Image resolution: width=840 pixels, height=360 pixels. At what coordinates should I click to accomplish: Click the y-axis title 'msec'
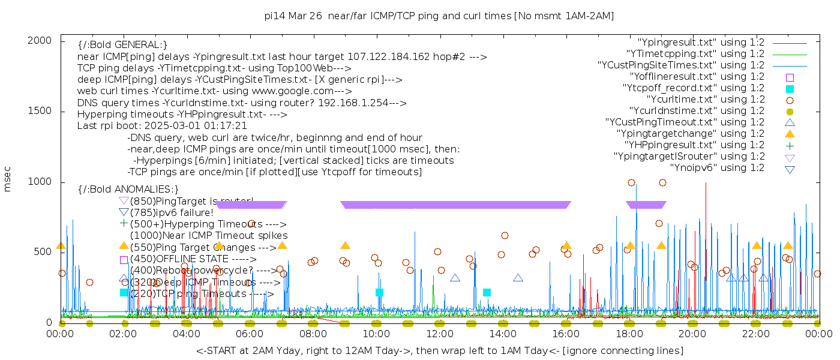pyautogui.click(x=8, y=180)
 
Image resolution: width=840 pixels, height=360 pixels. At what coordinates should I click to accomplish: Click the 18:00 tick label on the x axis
pyautogui.click(x=629, y=334)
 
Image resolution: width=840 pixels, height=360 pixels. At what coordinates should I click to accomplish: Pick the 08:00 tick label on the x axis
pyautogui.click(x=313, y=334)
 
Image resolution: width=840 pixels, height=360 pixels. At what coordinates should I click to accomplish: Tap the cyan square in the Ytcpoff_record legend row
pyautogui.click(x=790, y=88)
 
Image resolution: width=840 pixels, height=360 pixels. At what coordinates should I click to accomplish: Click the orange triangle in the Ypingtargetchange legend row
pyautogui.click(x=790, y=134)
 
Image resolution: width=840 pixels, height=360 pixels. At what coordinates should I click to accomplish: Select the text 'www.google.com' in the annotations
pyautogui.click(x=298, y=91)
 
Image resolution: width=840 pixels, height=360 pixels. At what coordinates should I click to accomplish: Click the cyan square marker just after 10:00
pyautogui.click(x=379, y=292)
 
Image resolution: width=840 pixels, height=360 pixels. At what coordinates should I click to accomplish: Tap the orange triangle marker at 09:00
pyautogui.click(x=345, y=245)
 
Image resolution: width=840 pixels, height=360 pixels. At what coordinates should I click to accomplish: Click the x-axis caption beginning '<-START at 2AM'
pyautogui.click(x=439, y=350)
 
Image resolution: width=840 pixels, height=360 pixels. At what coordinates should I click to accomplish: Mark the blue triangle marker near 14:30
pyautogui.click(x=518, y=278)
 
